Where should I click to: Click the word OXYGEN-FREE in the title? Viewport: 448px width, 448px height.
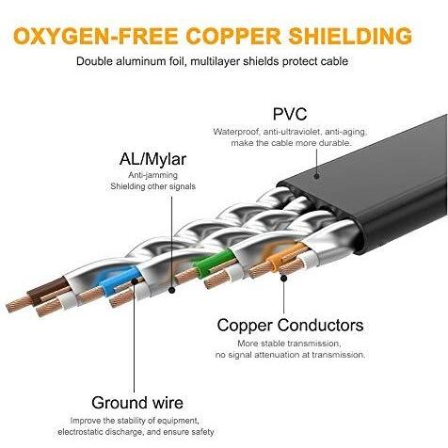[96, 36]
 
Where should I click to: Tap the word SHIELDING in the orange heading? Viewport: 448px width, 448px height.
[350, 36]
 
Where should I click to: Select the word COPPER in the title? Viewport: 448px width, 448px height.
[233, 36]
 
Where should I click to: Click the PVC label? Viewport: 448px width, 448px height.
[290, 114]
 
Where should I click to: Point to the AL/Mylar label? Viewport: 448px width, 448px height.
[152, 159]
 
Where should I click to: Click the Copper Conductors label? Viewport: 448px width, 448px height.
[290, 325]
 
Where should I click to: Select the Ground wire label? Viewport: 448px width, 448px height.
[137, 403]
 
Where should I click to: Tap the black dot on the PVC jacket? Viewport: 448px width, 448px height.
[316, 176]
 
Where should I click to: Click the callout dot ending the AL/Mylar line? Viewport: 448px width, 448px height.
[171, 290]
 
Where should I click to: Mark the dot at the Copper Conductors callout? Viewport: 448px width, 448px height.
[283, 278]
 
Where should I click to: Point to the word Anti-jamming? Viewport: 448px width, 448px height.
[152, 175]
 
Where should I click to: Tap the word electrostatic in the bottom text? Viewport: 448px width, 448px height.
[80, 432]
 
